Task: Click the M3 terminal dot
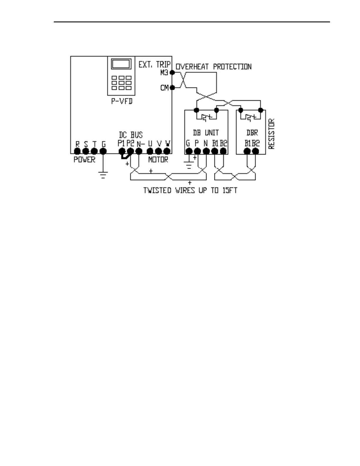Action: (x=172, y=72)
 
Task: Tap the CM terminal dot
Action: (x=172, y=87)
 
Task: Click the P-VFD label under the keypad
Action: (x=121, y=101)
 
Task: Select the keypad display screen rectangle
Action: (x=121, y=64)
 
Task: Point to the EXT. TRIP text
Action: (x=154, y=64)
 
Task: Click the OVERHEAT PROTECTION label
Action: (x=214, y=67)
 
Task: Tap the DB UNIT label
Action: (x=206, y=133)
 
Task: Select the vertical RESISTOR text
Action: (x=271, y=134)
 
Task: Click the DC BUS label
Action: (x=131, y=135)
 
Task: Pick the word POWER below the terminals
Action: (x=84, y=160)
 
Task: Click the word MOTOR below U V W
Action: (x=158, y=160)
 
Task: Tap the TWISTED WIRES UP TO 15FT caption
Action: (x=190, y=190)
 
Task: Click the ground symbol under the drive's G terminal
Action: (x=103, y=175)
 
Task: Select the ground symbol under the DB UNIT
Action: (x=189, y=165)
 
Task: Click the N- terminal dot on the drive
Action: (x=139, y=151)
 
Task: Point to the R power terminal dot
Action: (x=77, y=151)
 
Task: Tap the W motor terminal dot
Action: (x=167, y=151)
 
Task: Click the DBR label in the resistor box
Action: (x=252, y=133)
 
